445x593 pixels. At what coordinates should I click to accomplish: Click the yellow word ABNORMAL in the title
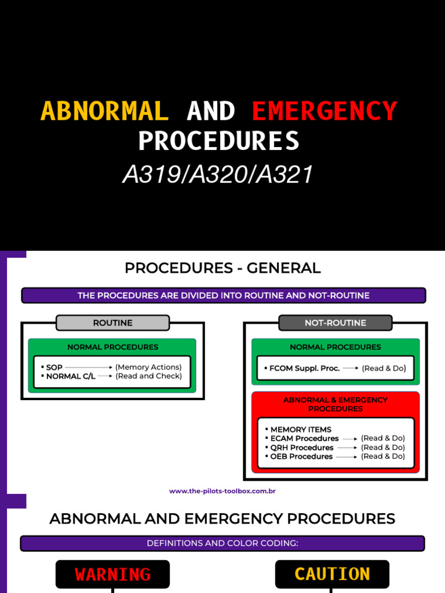click(104, 111)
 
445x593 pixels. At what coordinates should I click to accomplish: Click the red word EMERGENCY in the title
click(324, 111)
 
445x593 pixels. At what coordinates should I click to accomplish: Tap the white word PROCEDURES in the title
click(219, 141)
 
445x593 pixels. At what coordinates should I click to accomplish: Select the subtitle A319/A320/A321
click(218, 174)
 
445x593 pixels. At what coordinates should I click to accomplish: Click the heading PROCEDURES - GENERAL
click(222, 268)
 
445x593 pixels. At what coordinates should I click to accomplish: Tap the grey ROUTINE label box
click(112, 323)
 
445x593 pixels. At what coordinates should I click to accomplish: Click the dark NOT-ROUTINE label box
click(335, 323)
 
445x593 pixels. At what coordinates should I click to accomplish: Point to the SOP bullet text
click(54, 367)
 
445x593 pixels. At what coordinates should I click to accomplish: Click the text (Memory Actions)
click(148, 367)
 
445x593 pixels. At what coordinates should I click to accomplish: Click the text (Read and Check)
click(148, 376)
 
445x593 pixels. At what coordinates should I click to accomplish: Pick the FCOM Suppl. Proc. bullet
click(304, 368)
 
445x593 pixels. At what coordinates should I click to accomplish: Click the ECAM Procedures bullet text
click(304, 438)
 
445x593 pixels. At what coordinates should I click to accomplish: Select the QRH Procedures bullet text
click(301, 448)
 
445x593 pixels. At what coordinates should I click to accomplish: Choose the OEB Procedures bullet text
click(301, 456)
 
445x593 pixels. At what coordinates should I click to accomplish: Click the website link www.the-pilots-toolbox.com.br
click(222, 491)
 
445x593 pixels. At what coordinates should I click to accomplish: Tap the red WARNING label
click(112, 574)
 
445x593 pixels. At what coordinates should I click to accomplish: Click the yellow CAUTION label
click(332, 574)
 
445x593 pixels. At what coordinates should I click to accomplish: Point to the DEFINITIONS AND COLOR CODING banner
click(222, 543)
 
